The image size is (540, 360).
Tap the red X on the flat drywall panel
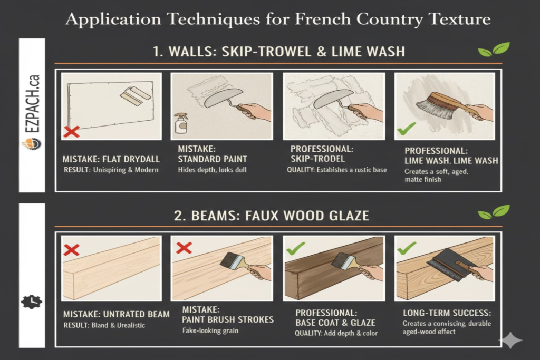[x=71, y=131]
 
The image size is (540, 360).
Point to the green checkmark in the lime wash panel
[x=407, y=128]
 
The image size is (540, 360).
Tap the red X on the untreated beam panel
[x=71, y=249]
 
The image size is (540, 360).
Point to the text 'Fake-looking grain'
[x=211, y=330]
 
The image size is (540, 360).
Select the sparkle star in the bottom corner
[x=510, y=341]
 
